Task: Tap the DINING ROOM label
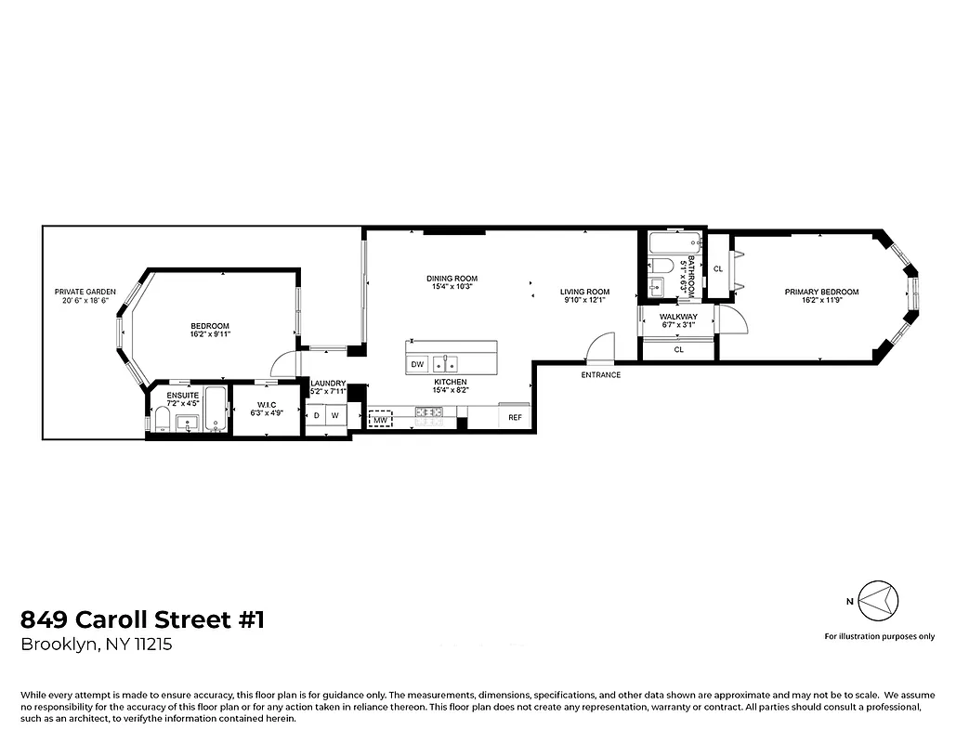tap(452, 279)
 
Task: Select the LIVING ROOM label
tap(584, 293)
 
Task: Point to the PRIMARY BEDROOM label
tap(821, 293)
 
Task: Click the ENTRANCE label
tap(600, 375)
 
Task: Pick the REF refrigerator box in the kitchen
tap(515, 418)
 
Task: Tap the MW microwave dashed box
tap(380, 420)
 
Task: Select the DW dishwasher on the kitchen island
tap(418, 364)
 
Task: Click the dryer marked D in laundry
tap(317, 416)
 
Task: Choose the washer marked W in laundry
tap(334, 416)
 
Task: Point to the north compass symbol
tap(876, 601)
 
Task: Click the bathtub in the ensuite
tap(215, 410)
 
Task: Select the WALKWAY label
tap(678, 317)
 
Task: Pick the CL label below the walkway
tap(678, 350)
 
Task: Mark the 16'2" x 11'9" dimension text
tap(821, 302)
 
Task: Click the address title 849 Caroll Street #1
tap(142, 619)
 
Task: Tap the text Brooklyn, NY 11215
tap(97, 645)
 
